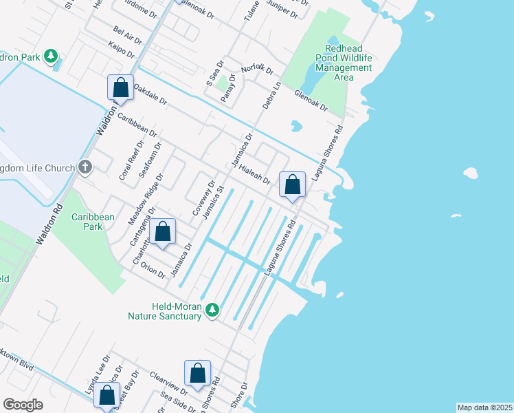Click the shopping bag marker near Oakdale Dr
coord(120,88)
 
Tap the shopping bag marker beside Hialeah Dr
coord(293,185)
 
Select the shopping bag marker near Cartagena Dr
coord(163,233)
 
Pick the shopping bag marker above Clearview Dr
coord(197,374)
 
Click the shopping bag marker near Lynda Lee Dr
coord(107,396)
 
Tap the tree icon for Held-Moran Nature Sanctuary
coord(213,310)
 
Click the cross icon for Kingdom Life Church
coord(85,167)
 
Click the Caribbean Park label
coord(93,221)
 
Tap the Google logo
coord(23,404)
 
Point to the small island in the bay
coord(471,172)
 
